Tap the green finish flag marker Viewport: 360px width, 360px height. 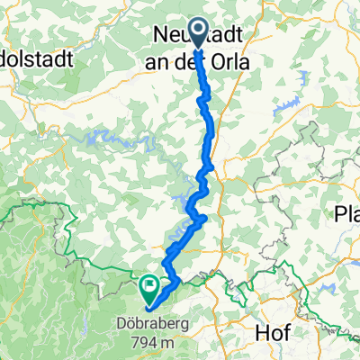tap(148, 287)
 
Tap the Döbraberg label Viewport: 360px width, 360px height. tap(150, 322)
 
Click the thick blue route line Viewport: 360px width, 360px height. tap(211, 135)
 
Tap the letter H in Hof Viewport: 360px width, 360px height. tap(262, 332)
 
